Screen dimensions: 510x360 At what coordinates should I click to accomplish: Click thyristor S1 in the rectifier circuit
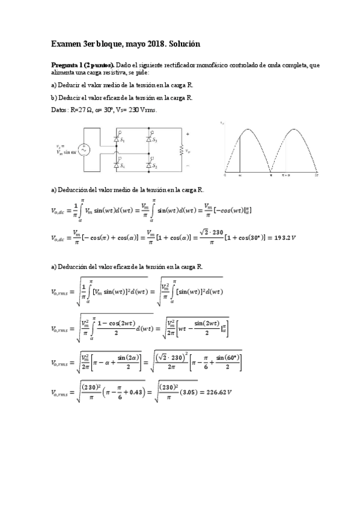118,139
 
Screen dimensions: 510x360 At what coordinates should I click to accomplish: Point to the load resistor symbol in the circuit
180,150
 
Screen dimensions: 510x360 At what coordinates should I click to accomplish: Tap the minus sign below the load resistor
188,164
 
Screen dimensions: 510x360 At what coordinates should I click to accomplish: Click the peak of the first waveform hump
248,129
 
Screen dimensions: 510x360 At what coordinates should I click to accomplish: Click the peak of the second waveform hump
294,129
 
